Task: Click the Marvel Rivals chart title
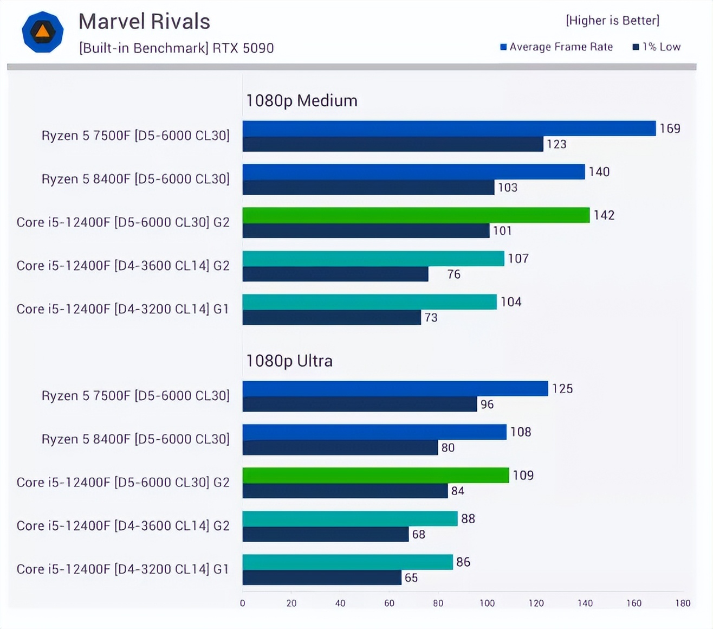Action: tap(144, 22)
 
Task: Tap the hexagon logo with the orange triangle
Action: tap(43, 32)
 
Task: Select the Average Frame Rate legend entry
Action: tap(556, 47)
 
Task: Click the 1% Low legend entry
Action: tap(657, 47)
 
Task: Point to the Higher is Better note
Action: tap(612, 21)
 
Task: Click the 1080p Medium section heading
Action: tap(301, 101)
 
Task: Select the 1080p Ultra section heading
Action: tap(289, 361)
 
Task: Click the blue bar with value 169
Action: tap(449, 129)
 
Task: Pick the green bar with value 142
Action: tap(416, 215)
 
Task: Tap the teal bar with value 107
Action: tap(373, 259)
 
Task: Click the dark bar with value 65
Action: tap(322, 577)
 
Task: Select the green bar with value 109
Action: tap(375, 476)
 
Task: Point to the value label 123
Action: tap(556, 144)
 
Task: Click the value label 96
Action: tap(487, 405)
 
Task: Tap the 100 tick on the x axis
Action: tap(487, 603)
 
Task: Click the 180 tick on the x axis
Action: tap(683, 603)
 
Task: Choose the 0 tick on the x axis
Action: tap(242, 603)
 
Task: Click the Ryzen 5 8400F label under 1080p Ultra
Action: tap(135, 439)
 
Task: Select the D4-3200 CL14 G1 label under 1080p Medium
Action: tap(123, 309)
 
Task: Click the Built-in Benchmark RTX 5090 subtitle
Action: tap(177, 48)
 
